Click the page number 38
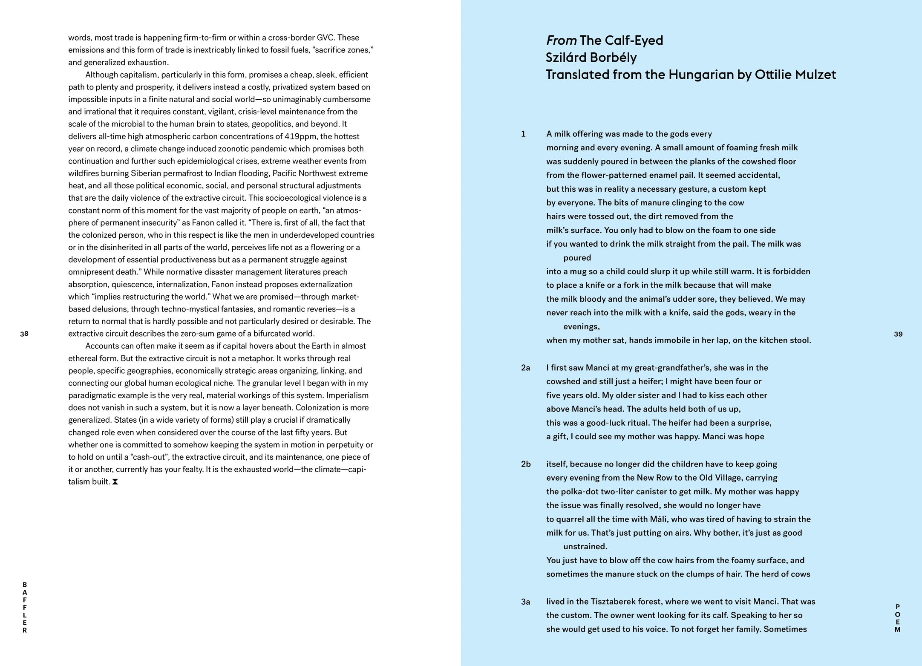tap(24, 334)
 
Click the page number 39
tap(898, 334)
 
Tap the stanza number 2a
tap(525, 368)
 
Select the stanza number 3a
tap(525, 602)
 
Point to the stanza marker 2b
tap(526, 464)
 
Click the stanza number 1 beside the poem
tap(523, 134)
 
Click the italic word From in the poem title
tap(561, 40)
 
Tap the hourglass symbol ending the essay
tap(115, 482)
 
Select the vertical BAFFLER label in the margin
tap(25, 607)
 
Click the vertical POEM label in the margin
tap(898, 618)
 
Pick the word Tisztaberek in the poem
tap(611, 602)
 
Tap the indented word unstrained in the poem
tap(585, 546)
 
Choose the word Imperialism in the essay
tap(347, 395)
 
